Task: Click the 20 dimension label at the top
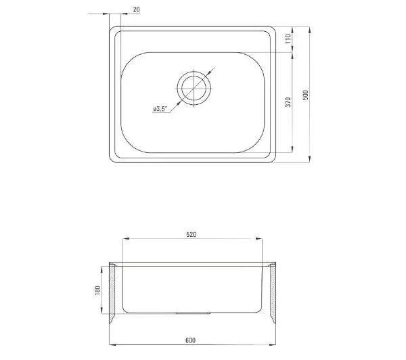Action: pos(136,9)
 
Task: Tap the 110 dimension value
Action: pos(288,39)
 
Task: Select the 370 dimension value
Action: pos(288,102)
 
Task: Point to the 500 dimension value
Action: pos(306,95)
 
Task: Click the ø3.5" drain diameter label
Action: pos(160,109)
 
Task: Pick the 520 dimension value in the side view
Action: pos(191,234)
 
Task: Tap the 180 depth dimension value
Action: pos(97,290)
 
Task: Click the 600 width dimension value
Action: pos(190,340)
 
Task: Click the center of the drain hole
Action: pos(194,88)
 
